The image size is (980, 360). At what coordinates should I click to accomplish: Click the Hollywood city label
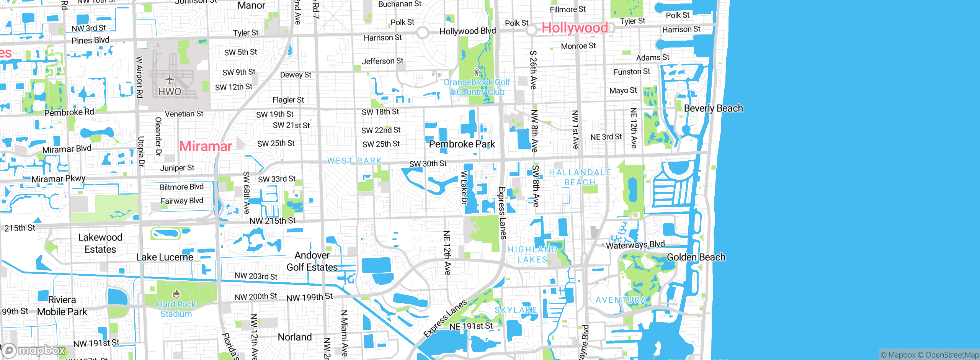tap(574, 28)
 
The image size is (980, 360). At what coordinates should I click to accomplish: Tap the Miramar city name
tap(206, 146)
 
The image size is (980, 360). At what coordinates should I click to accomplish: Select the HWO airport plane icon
tap(170, 80)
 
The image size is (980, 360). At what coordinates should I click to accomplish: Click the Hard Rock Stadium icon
tap(176, 294)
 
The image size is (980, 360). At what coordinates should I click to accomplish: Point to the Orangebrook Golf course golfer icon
tap(477, 72)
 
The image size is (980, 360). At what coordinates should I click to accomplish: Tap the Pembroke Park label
tap(462, 144)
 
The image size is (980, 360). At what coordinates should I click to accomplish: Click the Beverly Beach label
tap(713, 108)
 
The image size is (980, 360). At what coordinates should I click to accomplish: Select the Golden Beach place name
tap(696, 257)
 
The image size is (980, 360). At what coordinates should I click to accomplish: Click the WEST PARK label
tap(354, 161)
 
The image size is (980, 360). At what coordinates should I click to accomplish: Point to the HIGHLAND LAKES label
tap(532, 255)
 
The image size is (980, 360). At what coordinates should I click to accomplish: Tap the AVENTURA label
tap(621, 300)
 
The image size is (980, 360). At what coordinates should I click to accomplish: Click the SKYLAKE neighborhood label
tap(516, 310)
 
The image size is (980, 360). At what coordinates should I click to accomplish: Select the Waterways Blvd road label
tap(635, 245)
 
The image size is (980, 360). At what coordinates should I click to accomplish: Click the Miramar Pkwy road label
tap(58, 179)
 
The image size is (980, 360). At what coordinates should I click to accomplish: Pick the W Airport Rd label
tap(140, 77)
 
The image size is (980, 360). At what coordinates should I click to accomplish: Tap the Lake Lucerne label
tap(165, 257)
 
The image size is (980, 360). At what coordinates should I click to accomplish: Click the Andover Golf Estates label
tap(312, 261)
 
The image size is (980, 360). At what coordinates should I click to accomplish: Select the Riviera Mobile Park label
tap(62, 306)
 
